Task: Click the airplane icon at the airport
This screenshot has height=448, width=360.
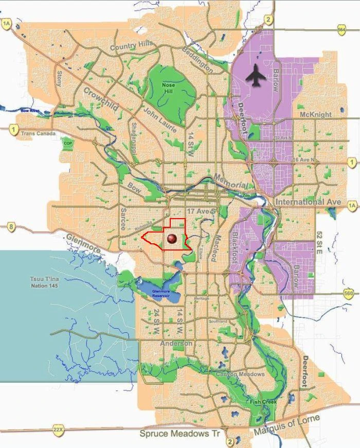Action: tap(256, 76)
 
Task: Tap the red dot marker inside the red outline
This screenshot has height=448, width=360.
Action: tap(172, 239)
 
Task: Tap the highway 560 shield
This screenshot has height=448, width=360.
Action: tap(349, 294)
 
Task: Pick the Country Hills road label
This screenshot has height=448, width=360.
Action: tap(132, 46)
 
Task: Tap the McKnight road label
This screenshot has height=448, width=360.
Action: tap(316, 114)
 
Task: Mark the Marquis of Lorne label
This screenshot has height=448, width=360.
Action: tap(286, 425)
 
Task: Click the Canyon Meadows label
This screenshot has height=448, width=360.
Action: tap(240, 374)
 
